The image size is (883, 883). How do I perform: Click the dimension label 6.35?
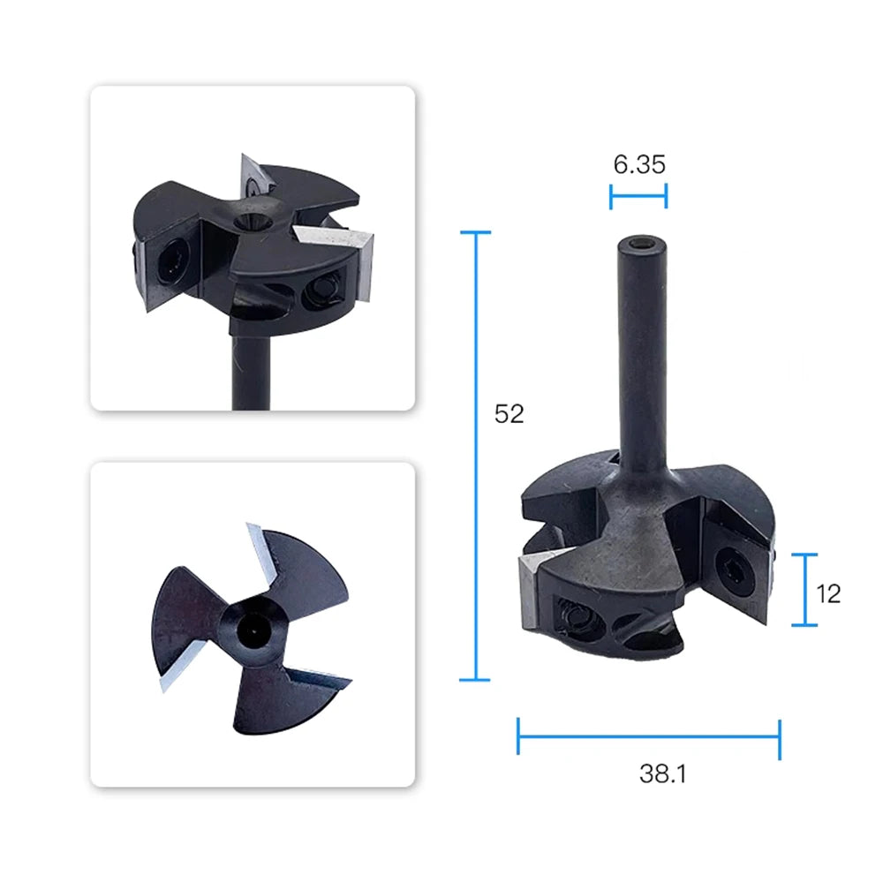(x=639, y=164)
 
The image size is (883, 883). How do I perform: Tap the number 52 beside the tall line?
(x=509, y=414)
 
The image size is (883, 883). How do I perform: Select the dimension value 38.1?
(x=663, y=774)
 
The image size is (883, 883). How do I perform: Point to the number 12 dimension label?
(x=828, y=594)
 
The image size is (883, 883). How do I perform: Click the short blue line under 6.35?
(x=638, y=196)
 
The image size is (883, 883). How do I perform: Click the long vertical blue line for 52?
(x=476, y=457)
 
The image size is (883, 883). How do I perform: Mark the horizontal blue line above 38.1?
(x=649, y=736)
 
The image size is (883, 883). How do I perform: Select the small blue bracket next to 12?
(x=805, y=590)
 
